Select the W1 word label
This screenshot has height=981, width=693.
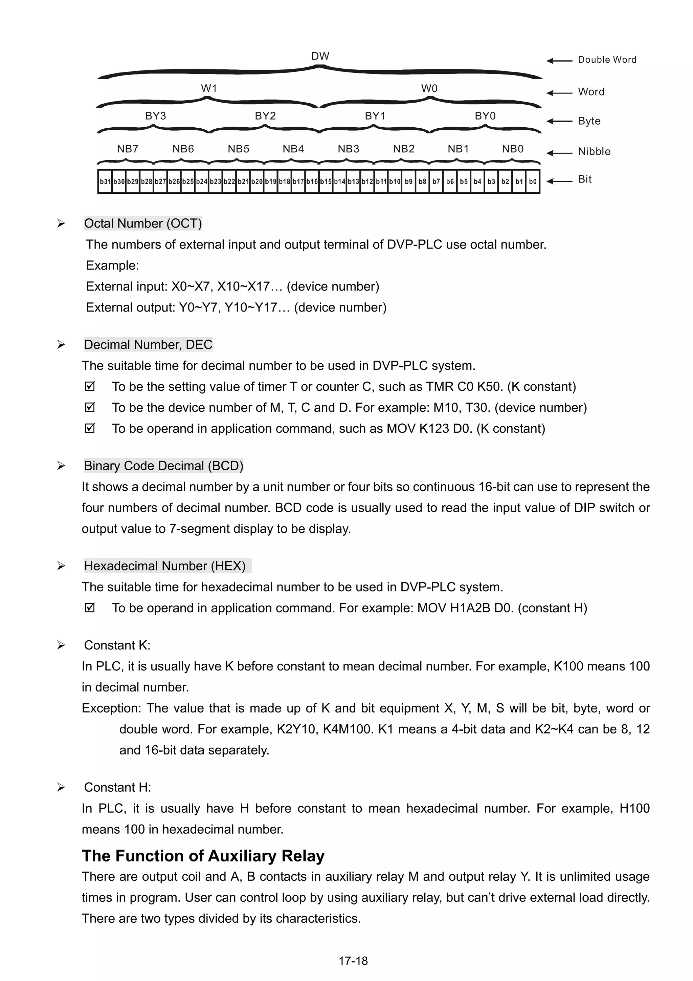[209, 88]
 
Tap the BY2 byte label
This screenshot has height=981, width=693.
[265, 116]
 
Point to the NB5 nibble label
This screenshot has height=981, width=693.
[238, 149]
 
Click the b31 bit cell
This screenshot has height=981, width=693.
[105, 182]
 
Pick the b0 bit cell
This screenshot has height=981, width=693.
[533, 182]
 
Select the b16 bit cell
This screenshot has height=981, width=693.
[312, 182]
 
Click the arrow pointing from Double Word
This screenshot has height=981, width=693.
[559, 61]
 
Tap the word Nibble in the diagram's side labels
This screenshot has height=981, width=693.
[594, 152]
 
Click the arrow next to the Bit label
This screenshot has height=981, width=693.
[559, 181]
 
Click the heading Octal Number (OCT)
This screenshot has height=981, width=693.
[142, 223]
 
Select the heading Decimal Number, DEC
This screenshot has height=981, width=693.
[148, 344]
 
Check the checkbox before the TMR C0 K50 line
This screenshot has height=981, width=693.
[90, 386]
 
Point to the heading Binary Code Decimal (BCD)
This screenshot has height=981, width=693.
[163, 466]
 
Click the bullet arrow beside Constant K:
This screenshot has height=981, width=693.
[61, 645]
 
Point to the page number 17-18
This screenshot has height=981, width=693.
[353, 961]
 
